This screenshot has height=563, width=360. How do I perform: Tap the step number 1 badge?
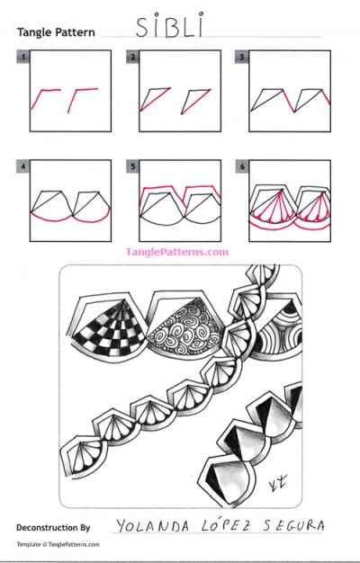pos(21,56)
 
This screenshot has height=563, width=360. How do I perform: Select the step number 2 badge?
pos(132,56)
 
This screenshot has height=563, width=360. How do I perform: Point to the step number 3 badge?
pos(241,56)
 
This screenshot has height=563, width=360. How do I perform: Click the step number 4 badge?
pos(21,165)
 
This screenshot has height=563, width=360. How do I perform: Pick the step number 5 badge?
pos(132,165)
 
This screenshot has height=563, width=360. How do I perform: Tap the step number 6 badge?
pos(241,165)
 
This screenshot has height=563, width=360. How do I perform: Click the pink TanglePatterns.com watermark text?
pos(177,253)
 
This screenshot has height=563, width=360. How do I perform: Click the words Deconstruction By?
pos(56,526)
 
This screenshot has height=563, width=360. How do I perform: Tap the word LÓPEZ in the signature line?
pos(220,525)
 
